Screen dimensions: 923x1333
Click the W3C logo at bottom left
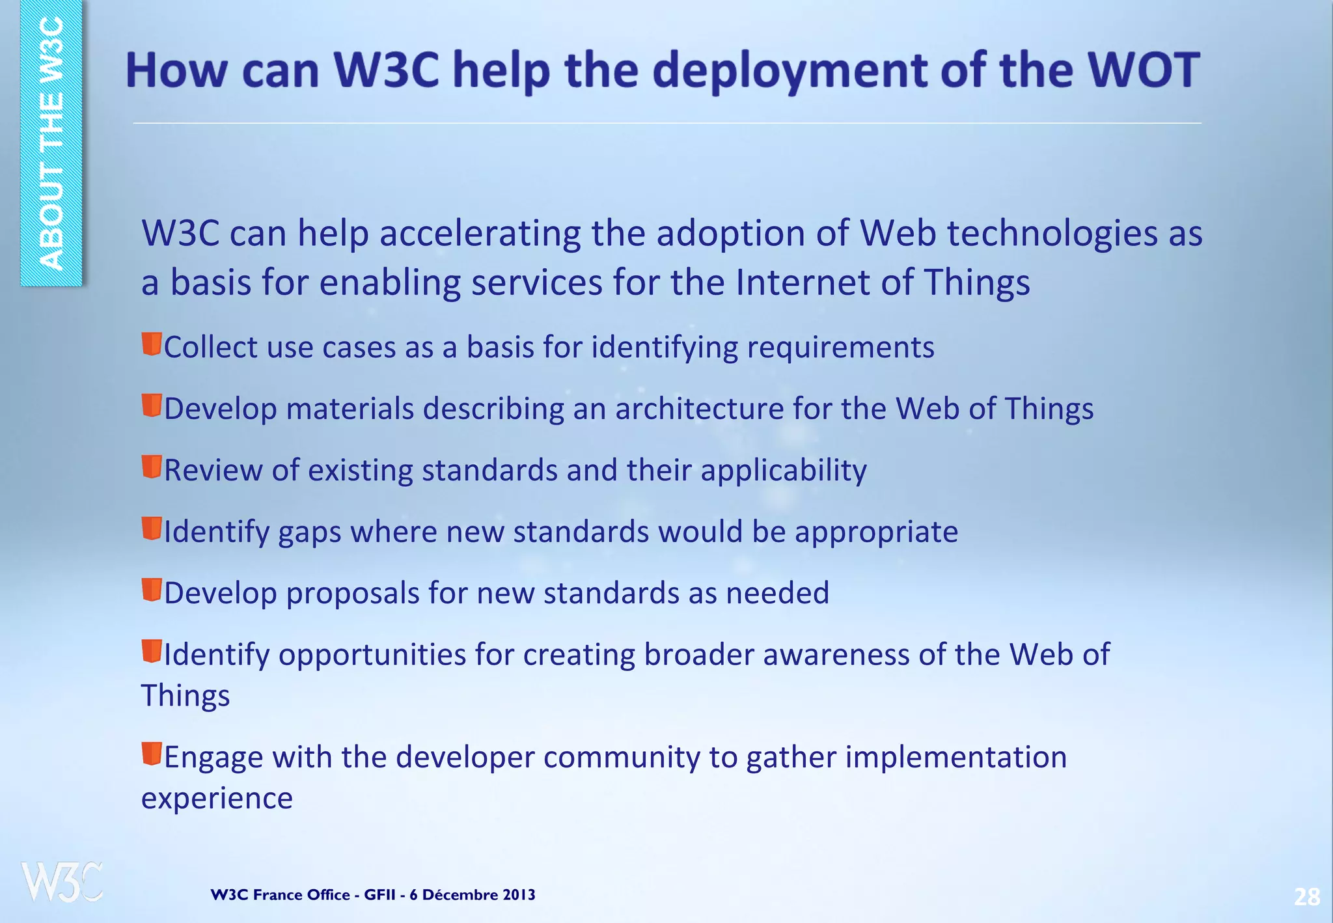click(x=62, y=882)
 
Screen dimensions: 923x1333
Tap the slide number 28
click(x=1306, y=898)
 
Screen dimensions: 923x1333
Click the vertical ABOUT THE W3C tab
click(x=51, y=143)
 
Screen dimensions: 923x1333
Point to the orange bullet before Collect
click(x=152, y=344)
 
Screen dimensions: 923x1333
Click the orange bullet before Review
click(x=152, y=467)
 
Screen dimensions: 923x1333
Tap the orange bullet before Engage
click(x=152, y=754)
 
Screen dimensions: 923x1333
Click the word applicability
click(x=783, y=471)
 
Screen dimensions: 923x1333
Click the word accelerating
click(x=480, y=234)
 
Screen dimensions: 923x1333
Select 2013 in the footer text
click(x=519, y=895)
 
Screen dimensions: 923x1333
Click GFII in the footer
click(x=379, y=895)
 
